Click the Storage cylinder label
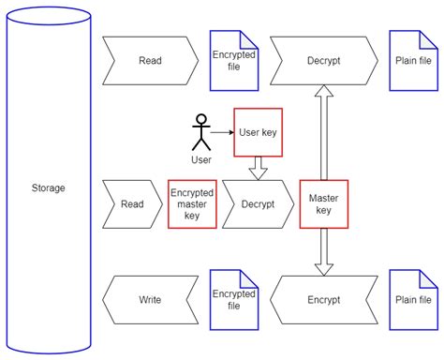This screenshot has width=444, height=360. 48,187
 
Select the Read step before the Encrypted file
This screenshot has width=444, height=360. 150,61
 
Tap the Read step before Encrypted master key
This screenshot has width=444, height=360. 132,203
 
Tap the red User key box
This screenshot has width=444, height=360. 258,132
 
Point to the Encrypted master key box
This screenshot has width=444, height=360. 192,203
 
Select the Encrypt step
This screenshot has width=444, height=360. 323,300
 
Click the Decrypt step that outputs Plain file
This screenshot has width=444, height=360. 323,61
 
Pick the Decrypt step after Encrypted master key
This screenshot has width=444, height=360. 257,203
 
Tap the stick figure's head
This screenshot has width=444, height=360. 199,120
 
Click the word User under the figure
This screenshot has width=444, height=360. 200,159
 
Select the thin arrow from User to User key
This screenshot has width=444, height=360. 221,132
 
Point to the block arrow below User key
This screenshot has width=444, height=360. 258,167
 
